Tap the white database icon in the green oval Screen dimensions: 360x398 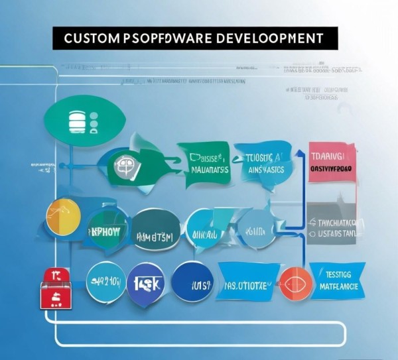pos(77,122)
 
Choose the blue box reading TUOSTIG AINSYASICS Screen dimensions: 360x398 pos(265,164)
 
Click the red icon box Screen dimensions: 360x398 pos(55,288)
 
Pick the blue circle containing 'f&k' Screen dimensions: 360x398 pos(147,283)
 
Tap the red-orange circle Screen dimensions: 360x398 pos(294,284)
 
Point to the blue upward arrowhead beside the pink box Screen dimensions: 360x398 pos(298,155)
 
